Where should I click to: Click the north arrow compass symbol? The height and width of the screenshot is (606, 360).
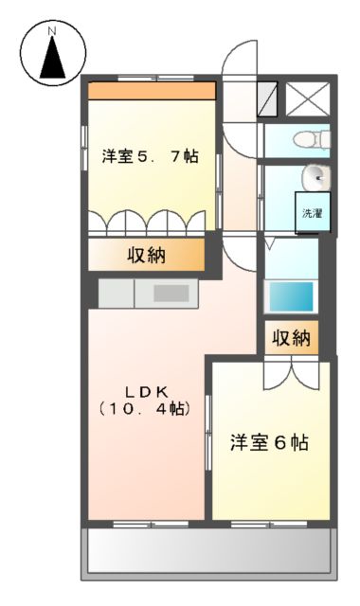(52, 57)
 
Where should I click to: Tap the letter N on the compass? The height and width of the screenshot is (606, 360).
(52, 32)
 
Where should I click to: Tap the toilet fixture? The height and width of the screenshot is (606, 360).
(310, 140)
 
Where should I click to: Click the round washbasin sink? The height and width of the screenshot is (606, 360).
(315, 177)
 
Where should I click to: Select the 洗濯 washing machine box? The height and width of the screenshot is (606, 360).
(312, 212)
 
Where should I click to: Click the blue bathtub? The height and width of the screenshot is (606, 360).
(291, 296)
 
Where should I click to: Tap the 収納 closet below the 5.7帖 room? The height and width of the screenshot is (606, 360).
(147, 254)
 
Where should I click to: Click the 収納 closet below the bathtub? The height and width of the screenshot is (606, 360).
(290, 338)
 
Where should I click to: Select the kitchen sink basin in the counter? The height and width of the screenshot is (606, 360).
(171, 293)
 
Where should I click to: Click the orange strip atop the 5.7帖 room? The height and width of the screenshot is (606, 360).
(152, 91)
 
